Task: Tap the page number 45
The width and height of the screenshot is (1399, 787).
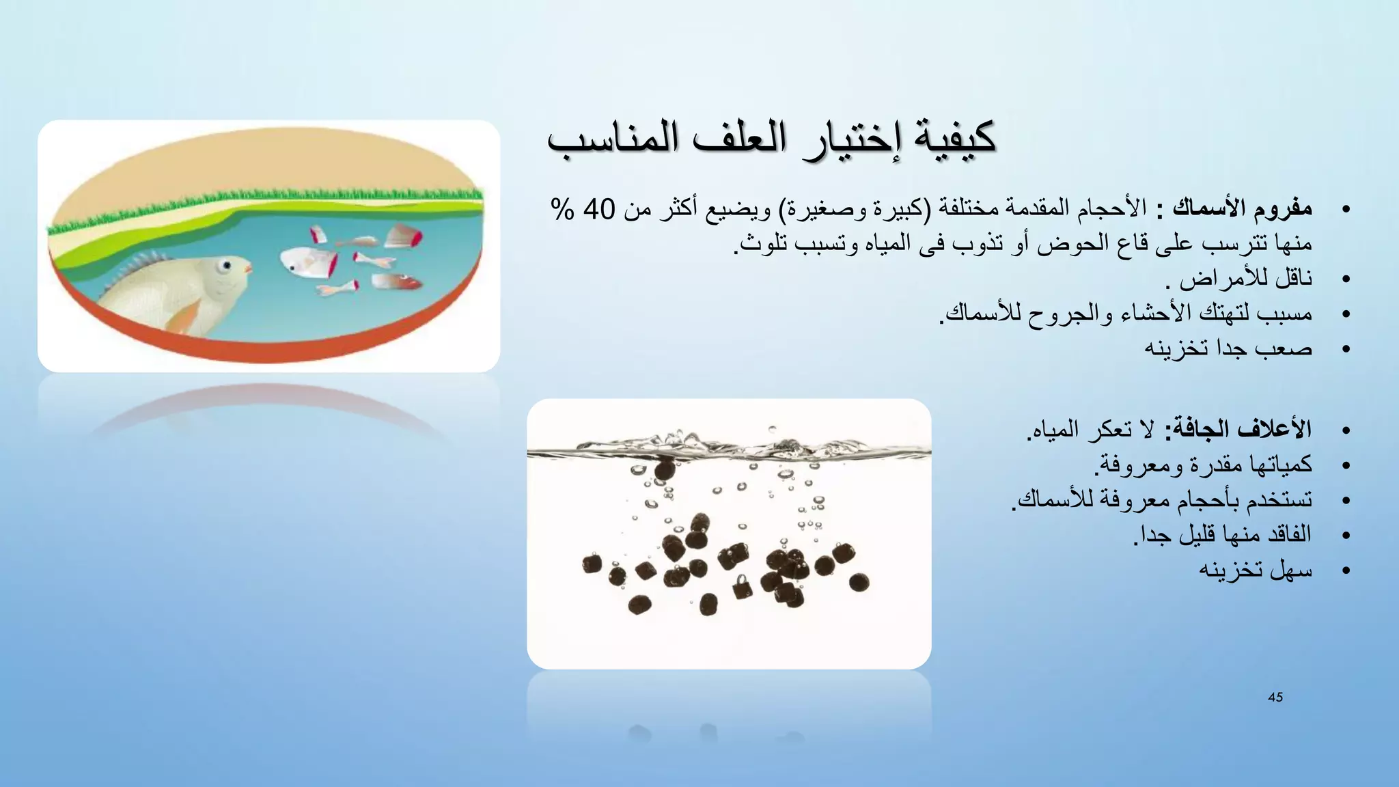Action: tap(1275, 698)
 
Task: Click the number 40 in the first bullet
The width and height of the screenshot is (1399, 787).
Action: tap(599, 209)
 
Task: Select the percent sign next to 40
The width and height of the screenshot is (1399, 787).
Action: tap(562, 209)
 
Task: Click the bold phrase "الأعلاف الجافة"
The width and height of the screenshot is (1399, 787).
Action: tap(1237, 429)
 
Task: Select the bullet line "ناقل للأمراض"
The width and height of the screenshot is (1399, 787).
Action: tap(1239, 279)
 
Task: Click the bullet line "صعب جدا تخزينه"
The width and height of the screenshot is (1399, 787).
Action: tap(1228, 348)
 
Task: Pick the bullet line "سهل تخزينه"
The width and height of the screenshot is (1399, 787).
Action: tap(1256, 570)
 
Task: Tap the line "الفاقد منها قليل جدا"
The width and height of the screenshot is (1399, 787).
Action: tap(1222, 534)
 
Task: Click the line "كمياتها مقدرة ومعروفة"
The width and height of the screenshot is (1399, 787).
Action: tap(1203, 465)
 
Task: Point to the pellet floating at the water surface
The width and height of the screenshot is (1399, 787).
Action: tap(664, 469)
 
